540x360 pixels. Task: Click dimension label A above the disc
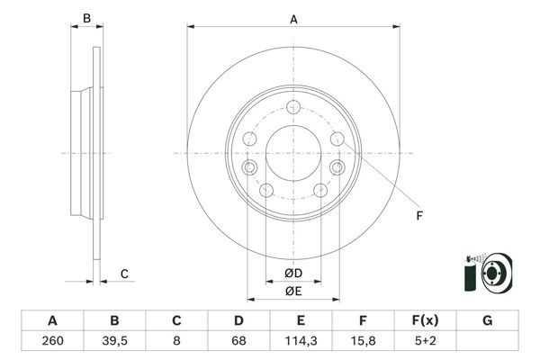(293, 18)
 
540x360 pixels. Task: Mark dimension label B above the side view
(87, 18)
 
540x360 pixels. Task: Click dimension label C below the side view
(125, 274)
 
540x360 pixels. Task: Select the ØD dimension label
(293, 273)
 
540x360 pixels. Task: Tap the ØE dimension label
(293, 291)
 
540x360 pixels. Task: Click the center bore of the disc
(293, 153)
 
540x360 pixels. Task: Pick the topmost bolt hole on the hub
(293, 107)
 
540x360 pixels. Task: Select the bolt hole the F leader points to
(337, 138)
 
